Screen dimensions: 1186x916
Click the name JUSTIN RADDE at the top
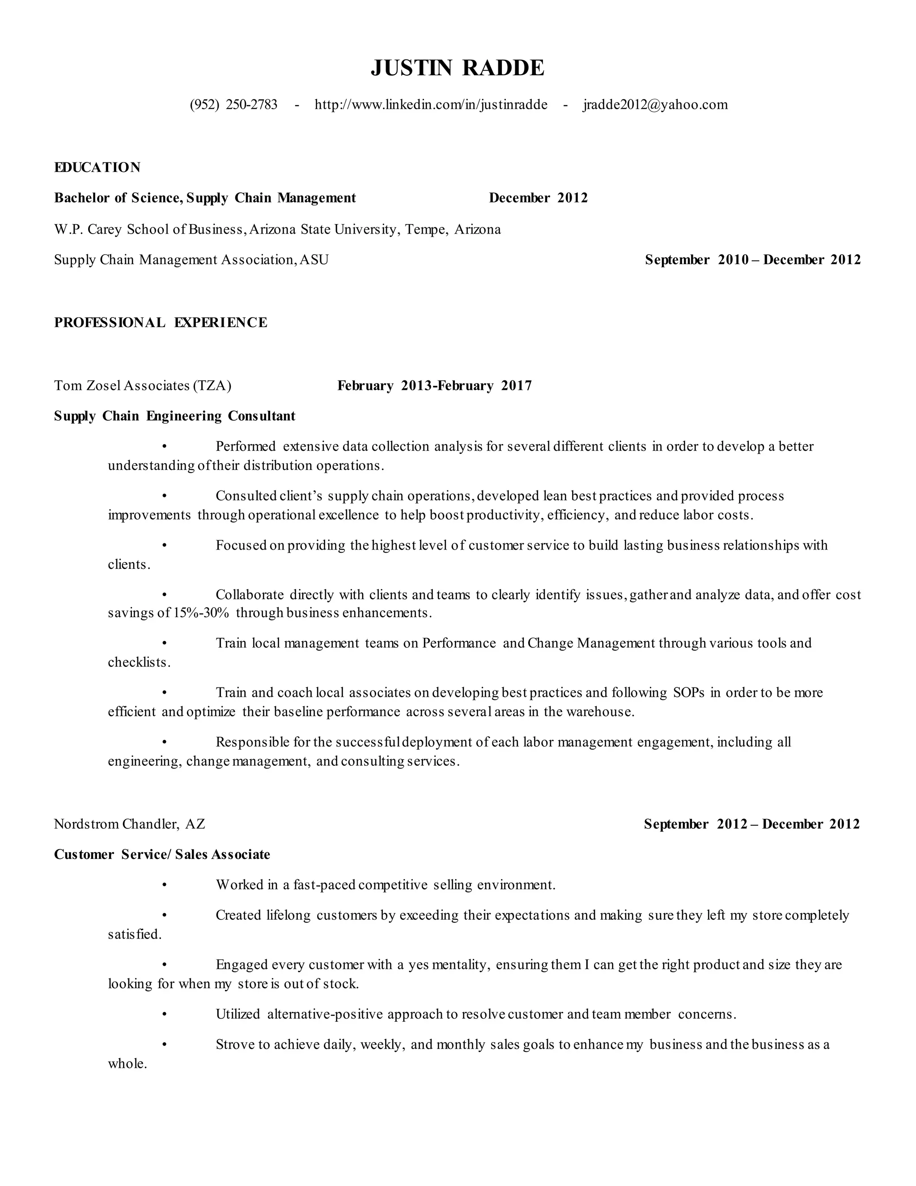(x=458, y=68)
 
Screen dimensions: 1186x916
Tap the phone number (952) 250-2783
(x=233, y=105)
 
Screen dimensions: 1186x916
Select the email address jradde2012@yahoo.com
(x=656, y=105)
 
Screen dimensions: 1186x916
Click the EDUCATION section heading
(x=97, y=167)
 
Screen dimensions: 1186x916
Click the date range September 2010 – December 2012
(x=753, y=260)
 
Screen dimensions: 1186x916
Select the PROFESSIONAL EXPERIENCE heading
(x=161, y=323)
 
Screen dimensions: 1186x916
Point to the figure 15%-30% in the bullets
(x=201, y=613)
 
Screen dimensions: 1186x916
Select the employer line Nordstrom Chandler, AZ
(x=130, y=824)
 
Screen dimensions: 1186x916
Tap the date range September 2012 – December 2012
(x=751, y=824)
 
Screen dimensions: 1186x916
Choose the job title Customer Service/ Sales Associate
(x=162, y=855)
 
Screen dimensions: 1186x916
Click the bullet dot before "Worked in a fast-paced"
(x=164, y=886)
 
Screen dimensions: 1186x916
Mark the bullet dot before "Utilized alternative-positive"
(x=164, y=1015)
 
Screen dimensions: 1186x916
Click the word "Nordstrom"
(x=87, y=824)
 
